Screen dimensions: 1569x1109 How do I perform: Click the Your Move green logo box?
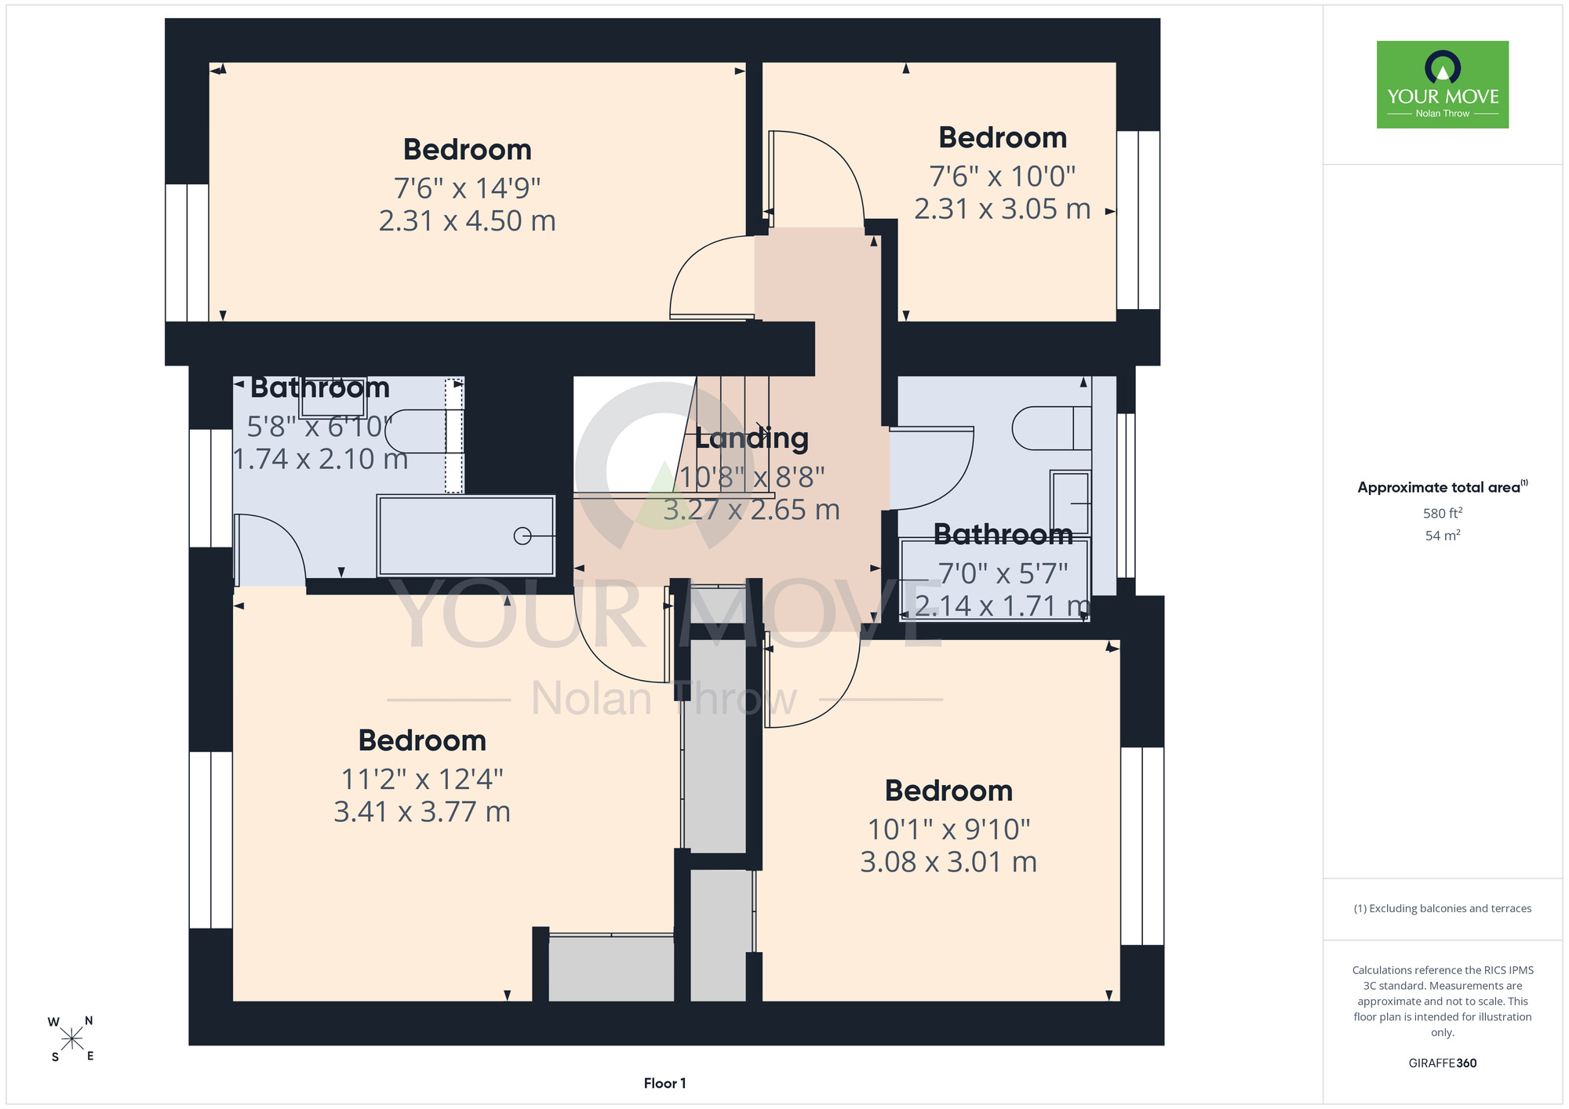pos(1443,85)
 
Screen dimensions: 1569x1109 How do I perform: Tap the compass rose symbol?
pos(72,1039)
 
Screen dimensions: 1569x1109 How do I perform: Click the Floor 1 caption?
pos(664,1083)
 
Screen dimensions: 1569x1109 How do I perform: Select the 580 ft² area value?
pos(1443,513)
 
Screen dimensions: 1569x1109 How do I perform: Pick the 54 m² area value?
pos(1443,536)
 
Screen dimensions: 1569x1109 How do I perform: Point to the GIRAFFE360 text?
pos(1443,1064)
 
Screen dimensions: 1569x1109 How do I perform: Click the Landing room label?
pos(752,438)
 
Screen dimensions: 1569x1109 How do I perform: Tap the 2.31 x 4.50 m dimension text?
pos(468,221)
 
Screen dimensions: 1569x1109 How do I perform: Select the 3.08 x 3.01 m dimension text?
pos(948,862)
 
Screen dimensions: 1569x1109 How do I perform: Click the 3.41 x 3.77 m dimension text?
pos(422,812)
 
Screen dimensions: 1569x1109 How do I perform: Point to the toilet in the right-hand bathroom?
pos(1051,428)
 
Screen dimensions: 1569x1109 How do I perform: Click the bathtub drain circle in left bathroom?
pos(522,536)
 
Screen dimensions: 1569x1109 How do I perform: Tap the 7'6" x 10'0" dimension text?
pos(1003,176)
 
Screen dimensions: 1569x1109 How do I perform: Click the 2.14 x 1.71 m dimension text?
pos(1003,606)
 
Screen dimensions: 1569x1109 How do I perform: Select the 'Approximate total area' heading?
pos(1443,487)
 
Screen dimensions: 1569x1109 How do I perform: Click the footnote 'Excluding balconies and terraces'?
pos(1443,908)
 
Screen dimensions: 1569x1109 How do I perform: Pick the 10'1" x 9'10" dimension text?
pos(948,829)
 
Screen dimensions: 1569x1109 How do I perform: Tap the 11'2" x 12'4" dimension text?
pos(422,779)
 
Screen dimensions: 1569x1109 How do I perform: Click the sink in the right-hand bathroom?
pos(1071,503)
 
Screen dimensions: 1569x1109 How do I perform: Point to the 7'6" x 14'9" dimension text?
pos(468,188)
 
